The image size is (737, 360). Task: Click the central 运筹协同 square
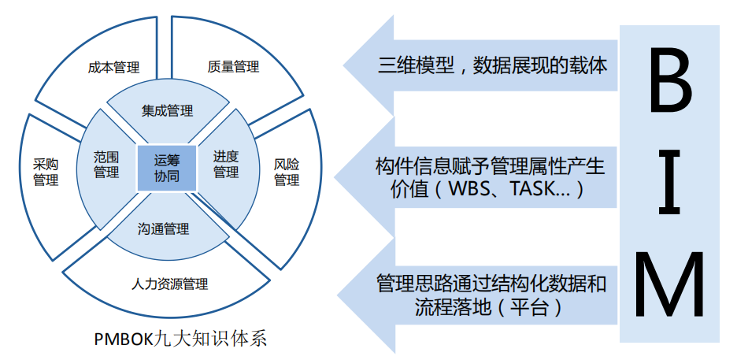167,169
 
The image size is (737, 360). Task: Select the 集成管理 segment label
168,111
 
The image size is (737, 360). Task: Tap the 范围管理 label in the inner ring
106,165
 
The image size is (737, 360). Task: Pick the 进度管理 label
226,165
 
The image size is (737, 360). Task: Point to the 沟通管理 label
164,229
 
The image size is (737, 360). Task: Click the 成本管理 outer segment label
113,67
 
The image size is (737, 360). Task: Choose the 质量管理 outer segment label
233,66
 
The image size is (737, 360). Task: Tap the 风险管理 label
287,172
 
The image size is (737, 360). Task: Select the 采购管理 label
46,172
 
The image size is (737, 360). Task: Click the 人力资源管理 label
169,284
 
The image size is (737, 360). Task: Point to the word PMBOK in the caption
124,340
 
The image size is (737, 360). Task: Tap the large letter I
670,182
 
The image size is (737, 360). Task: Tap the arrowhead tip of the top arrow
343,65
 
